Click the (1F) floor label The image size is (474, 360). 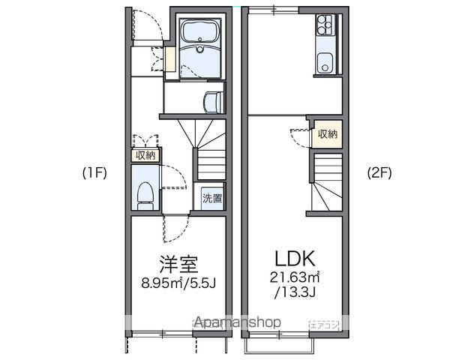pyautogui.click(x=94, y=173)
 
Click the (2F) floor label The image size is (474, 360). pyautogui.click(x=379, y=173)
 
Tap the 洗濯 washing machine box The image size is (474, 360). pyautogui.click(x=212, y=199)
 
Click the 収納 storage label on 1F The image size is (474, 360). pyautogui.click(x=145, y=155)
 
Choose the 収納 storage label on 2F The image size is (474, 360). pyautogui.click(x=328, y=134)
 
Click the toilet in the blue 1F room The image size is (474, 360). pyautogui.click(x=144, y=193)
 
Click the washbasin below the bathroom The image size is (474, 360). pyautogui.click(x=214, y=100)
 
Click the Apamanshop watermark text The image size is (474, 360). pyautogui.click(x=238, y=322)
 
